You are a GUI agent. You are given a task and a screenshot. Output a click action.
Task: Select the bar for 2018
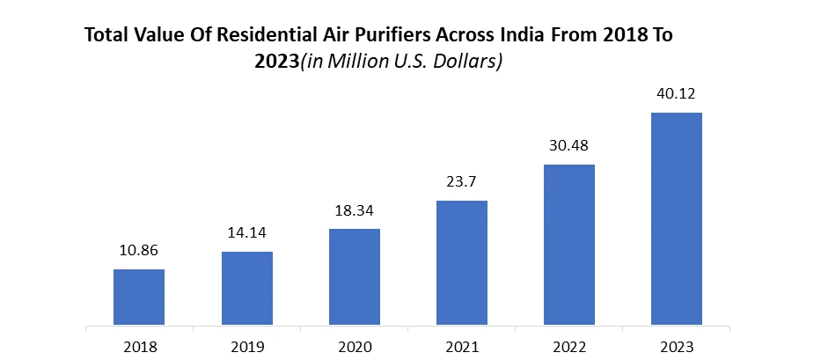coord(139,297)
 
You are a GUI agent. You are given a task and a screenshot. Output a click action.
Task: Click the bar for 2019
coord(246,288)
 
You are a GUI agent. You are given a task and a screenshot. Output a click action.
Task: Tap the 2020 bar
coord(355,276)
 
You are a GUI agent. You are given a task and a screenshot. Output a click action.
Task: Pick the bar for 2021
coord(462,262)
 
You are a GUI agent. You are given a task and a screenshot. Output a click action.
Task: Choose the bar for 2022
coord(569,244)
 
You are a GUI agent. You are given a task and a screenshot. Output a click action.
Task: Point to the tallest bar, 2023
coord(677,218)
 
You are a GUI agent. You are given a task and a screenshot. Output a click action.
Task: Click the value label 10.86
coord(139,251)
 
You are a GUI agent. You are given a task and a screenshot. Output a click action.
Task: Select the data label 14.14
coord(246,234)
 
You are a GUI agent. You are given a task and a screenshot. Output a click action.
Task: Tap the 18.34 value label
coord(355,211)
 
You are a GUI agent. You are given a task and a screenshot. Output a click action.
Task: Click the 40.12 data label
coord(677,94)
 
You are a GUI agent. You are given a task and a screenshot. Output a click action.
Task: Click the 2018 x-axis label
coord(139,347)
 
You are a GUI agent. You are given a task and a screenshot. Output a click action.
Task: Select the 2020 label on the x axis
coord(355,347)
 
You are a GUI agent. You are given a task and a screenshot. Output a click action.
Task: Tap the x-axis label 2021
coord(462,347)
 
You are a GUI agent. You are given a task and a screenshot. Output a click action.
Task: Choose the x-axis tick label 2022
coord(569,347)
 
